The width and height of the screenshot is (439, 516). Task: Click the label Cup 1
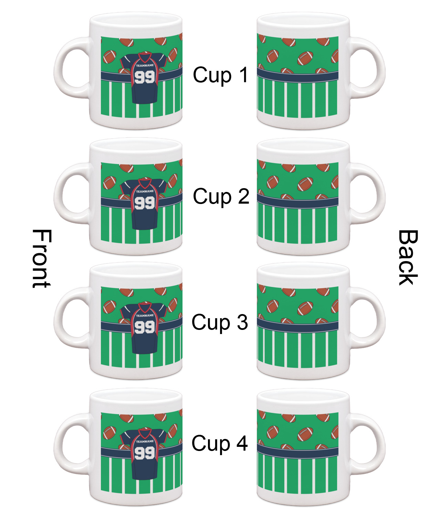coord(220,75)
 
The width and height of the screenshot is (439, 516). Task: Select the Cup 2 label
coord(221,196)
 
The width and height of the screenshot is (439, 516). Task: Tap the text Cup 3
coord(220,322)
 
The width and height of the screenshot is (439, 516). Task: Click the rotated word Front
coord(42,258)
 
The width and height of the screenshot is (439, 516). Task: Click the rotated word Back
coord(408,258)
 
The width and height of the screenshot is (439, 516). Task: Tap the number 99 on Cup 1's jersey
coord(145,77)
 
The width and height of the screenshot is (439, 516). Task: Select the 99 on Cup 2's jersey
coord(145,203)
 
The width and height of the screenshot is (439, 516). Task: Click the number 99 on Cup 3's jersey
coord(145,327)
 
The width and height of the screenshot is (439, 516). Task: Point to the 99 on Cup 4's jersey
coord(145,453)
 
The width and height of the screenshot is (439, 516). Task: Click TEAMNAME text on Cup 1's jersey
coord(145,65)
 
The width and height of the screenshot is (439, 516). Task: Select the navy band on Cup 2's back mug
coord(297,202)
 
